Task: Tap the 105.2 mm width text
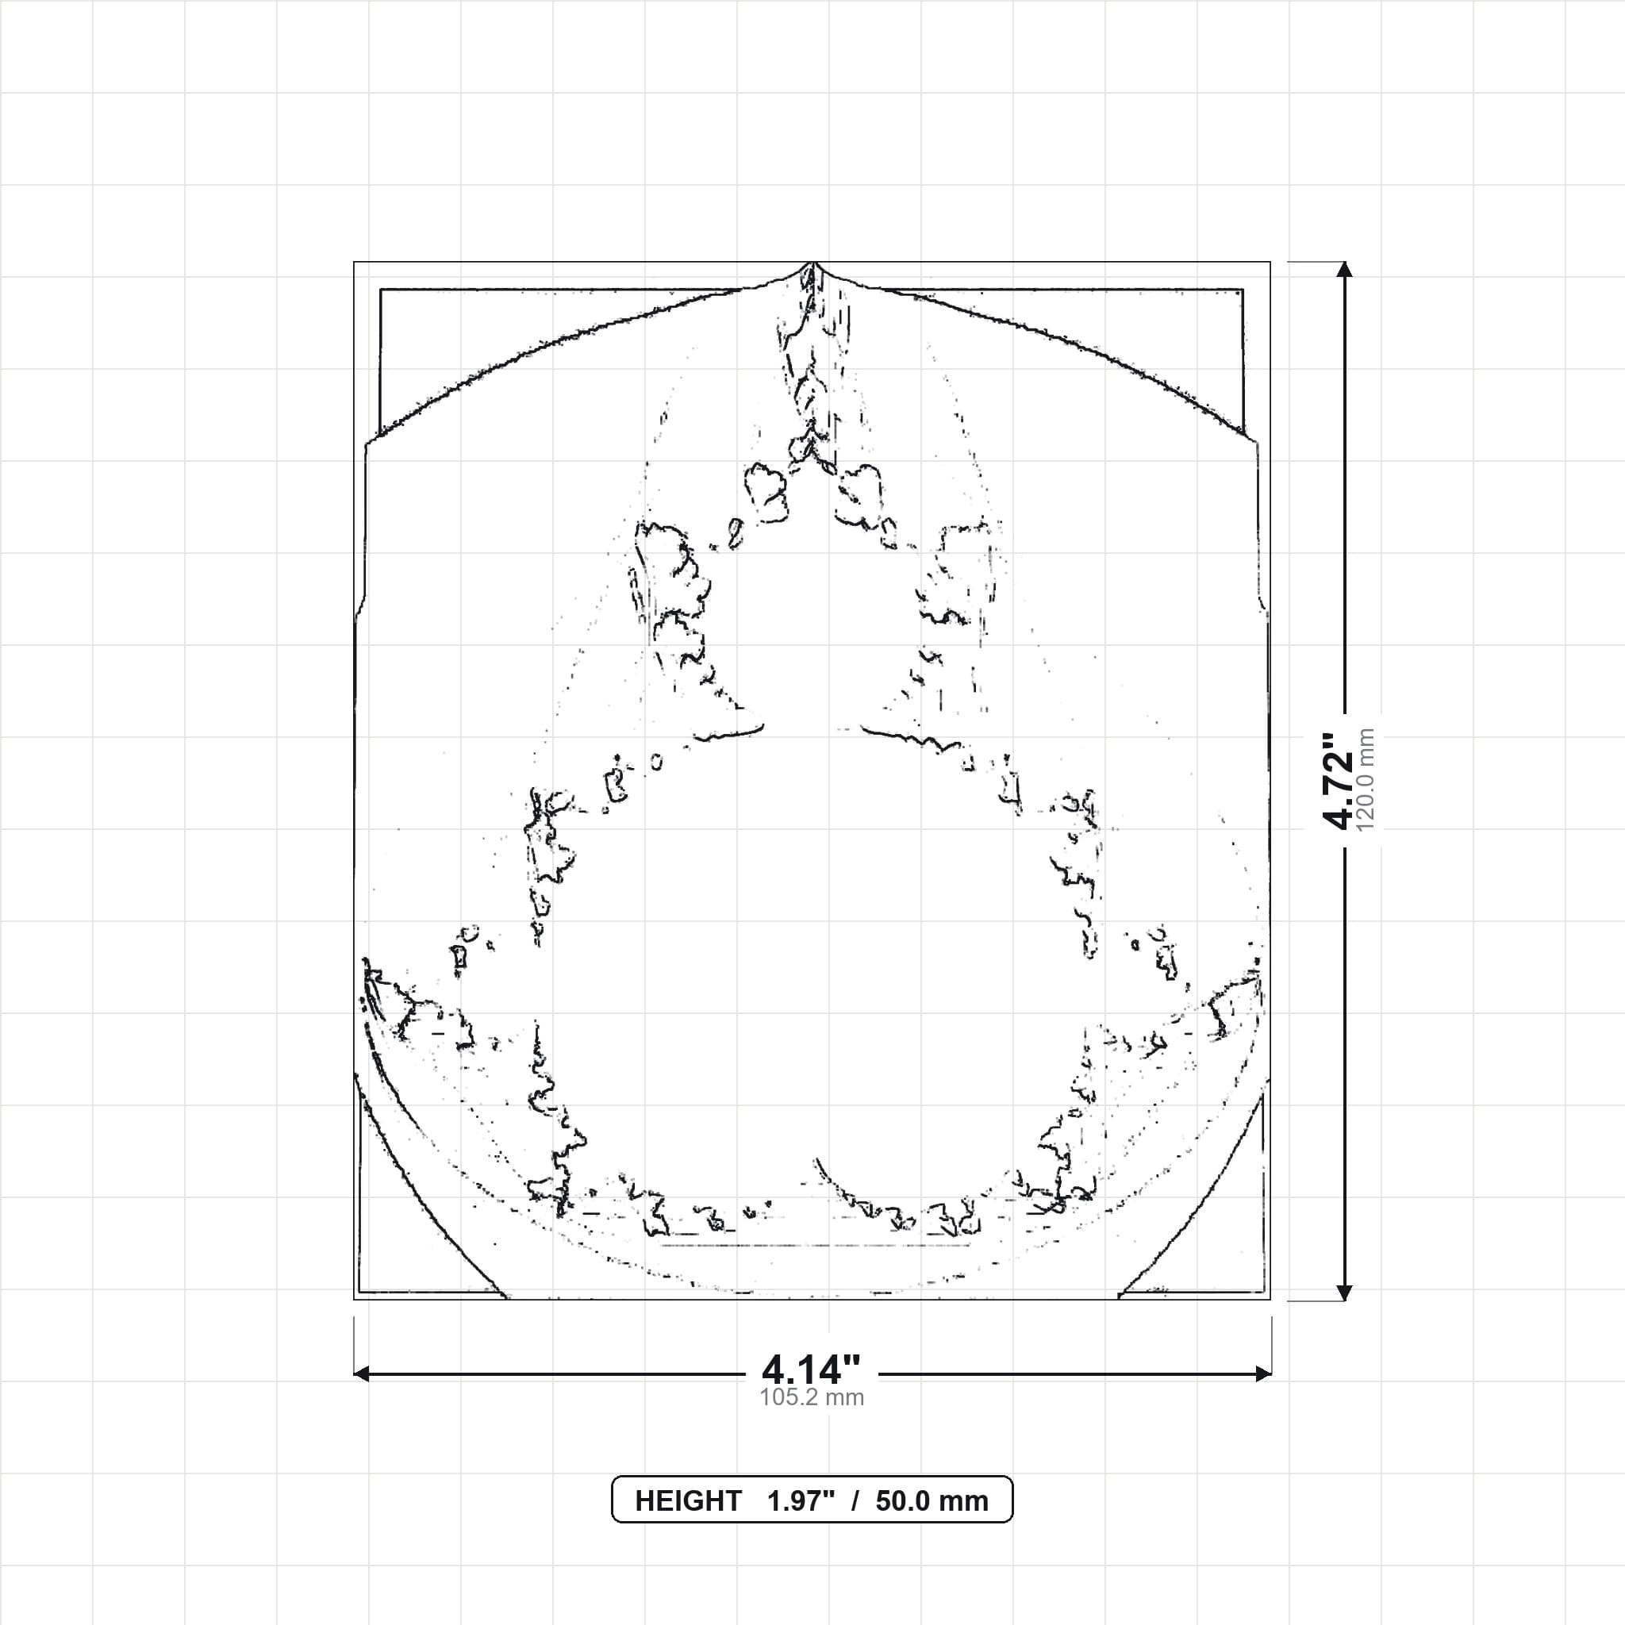pyautogui.click(x=812, y=1398)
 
